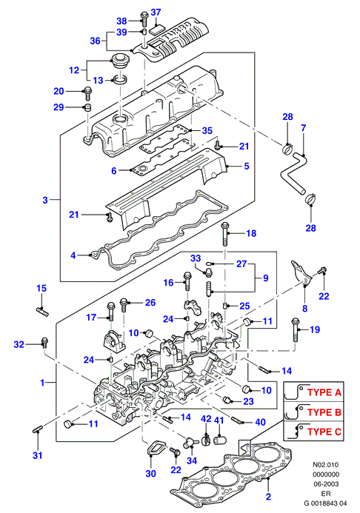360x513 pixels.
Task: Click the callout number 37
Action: click(156, 13)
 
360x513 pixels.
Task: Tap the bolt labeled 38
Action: click(144, 19)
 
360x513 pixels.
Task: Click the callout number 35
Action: click(207, 130)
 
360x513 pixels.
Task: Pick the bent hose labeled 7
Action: click(293, 174)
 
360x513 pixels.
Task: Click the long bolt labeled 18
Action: click(225, 234)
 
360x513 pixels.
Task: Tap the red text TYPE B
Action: click(324, 412)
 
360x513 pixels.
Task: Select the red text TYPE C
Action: click(324, 432)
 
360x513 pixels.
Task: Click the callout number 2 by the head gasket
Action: click(268, 496)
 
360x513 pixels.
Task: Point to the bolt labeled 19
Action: click(296, 330)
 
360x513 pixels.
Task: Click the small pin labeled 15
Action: click(42, 311)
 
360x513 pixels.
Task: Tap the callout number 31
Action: click(37, 455)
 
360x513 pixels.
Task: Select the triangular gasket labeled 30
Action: click(153, 448)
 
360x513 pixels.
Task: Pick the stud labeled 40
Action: click(238, 420)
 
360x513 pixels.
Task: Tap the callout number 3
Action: click(45, 200)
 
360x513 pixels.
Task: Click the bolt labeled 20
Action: click(87, 93)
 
